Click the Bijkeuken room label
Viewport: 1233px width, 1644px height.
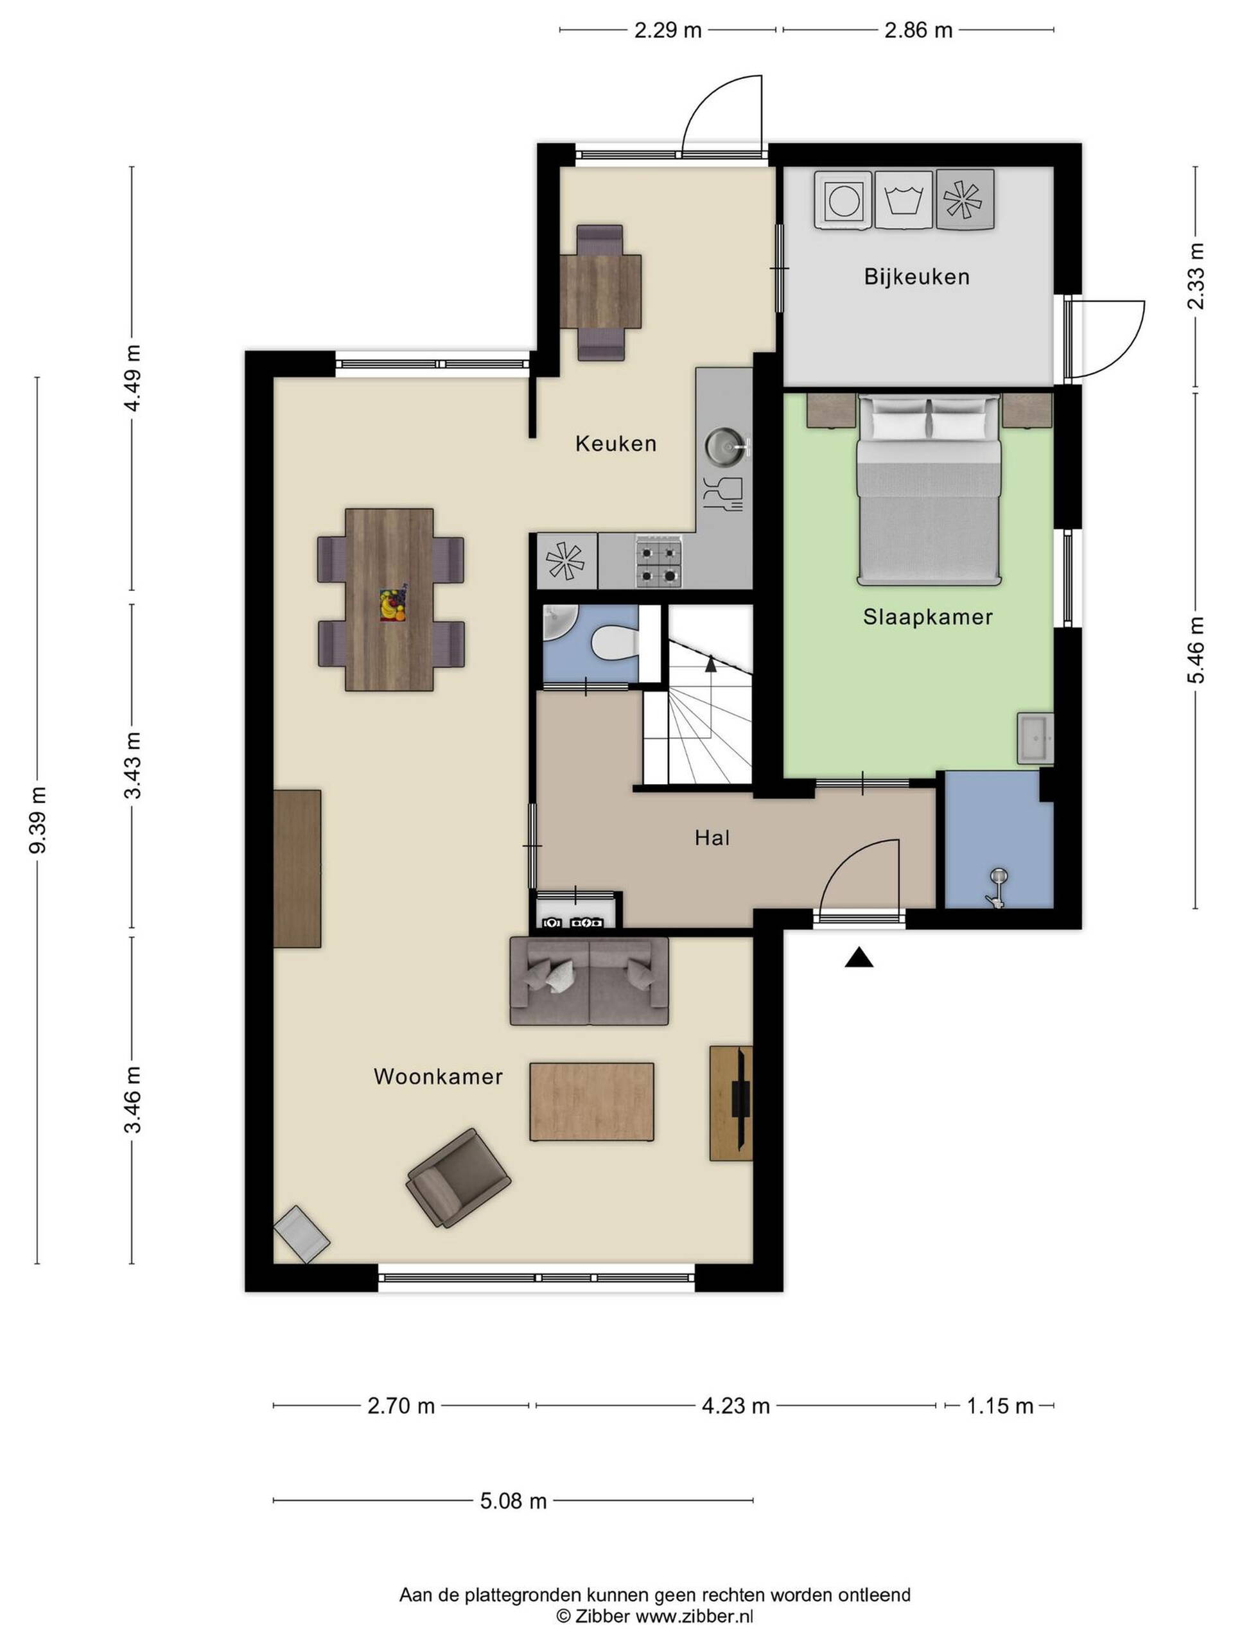click(916, 277)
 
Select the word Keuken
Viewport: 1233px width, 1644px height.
click(616, 444)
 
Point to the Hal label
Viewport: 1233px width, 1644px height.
click(712, 837)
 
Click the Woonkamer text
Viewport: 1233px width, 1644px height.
click(439, 1076)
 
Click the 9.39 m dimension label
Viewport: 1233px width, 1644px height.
click(37, 820)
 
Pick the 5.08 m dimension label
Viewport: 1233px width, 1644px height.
click(513, 1501)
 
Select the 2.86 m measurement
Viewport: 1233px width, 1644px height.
click(918, 30)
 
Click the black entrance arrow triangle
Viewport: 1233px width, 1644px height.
click(859, 958)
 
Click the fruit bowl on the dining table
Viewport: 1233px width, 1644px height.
click(392, 604)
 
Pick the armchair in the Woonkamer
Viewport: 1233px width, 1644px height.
click(458, 1177)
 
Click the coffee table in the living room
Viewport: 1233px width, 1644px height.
click(591, 1101)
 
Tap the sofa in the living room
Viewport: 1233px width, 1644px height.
click(589, 981)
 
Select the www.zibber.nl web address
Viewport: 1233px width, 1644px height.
click(694, 1615)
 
